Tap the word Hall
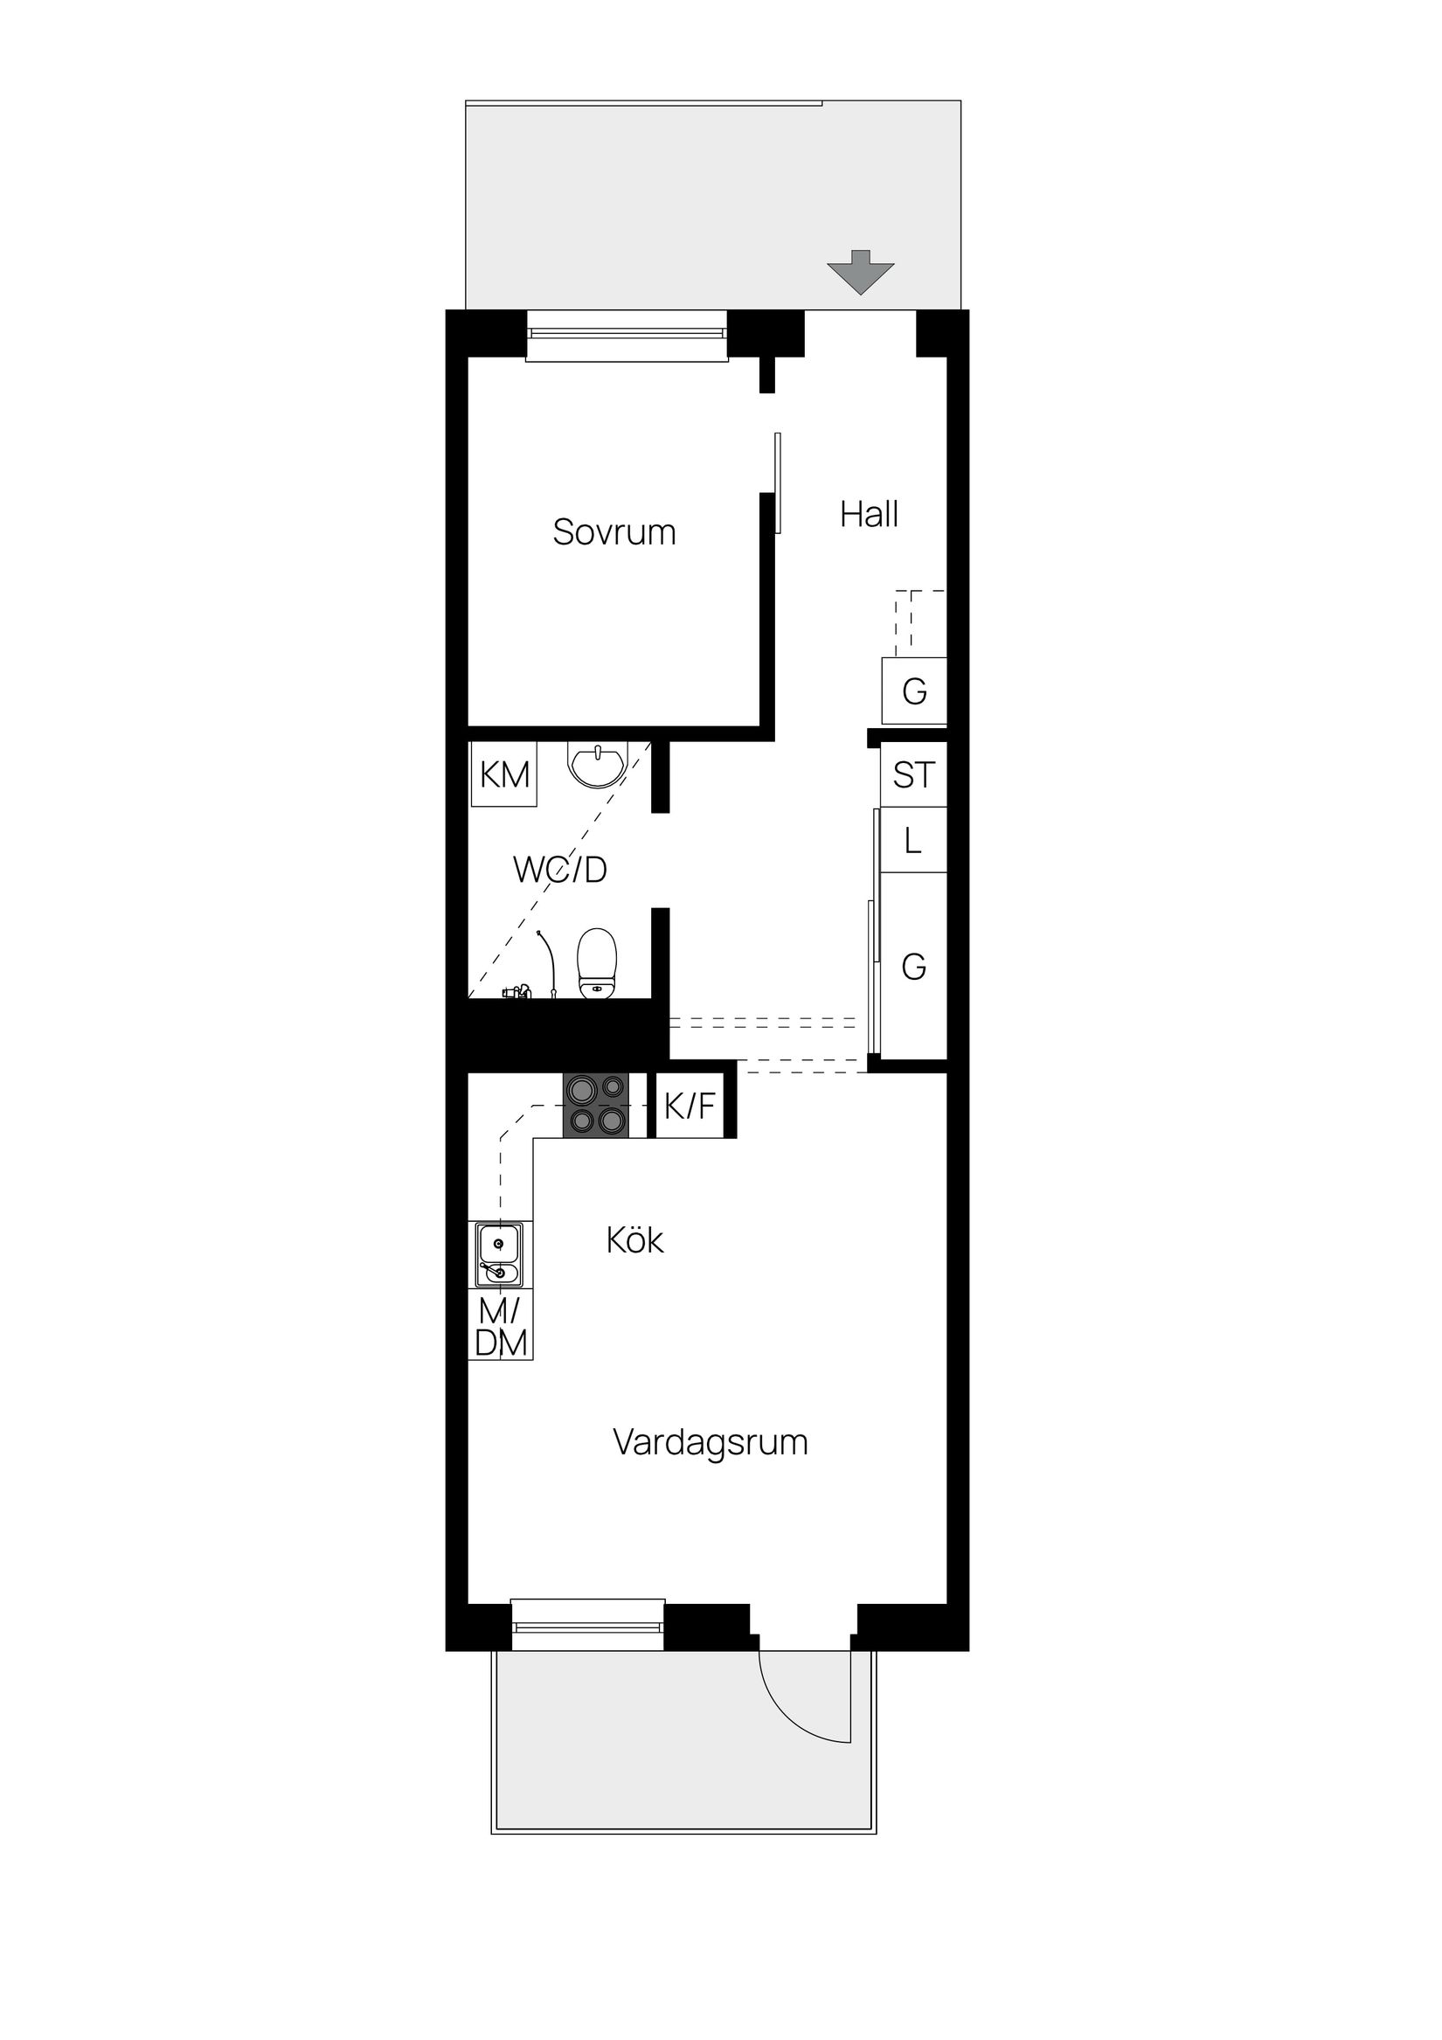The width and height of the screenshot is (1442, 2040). pyautogui.click(x=869, y=515)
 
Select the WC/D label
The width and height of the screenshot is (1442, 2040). pyautogui.click(x=559, y=870)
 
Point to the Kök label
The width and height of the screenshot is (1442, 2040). pyautogui.click(x=634, y=1239)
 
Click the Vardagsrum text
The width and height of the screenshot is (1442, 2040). pyautogui.click(x=710, y=1441)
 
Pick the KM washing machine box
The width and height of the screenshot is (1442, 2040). pyautogui.click(x=503, y=774)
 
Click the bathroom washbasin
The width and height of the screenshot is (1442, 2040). pyautogui.click(x=597, y=765)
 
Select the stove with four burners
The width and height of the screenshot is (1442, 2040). pyautogui.click(x=595, y=1106)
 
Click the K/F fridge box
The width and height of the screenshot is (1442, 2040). pyautogui.click(x=690, y=1107)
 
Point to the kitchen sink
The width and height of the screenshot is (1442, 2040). pyautogui.click(x=498, y=1254)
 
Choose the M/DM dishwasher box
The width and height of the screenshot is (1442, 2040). pyautogui.click(x=501, y=1328)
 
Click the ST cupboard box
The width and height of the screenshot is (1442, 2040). pyautogui.click(x=913, y=774)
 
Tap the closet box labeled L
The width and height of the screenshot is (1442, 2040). pyautogui.click(x=913, y=841)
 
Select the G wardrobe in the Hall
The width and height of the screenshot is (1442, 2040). pyautogui.click(x=914, y=690)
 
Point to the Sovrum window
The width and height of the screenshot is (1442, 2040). pyautogui.click(x=627, y=334)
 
